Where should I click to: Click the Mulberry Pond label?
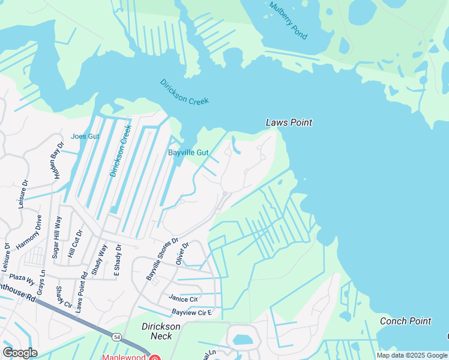[x=288, y=20]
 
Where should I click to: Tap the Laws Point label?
[x=289, y=122]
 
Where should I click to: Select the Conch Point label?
[x=405, y=321]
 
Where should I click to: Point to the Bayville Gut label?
[x=188, y=152]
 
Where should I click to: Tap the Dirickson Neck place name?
[x=161, y=331]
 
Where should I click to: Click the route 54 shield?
[x=115, y=338]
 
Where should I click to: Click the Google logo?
[x=20, y=352]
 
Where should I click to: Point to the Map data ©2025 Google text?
[x=412, y=355]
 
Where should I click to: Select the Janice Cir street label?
[x=183, y=298]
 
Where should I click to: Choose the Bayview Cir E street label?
[x=192, y=313]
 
